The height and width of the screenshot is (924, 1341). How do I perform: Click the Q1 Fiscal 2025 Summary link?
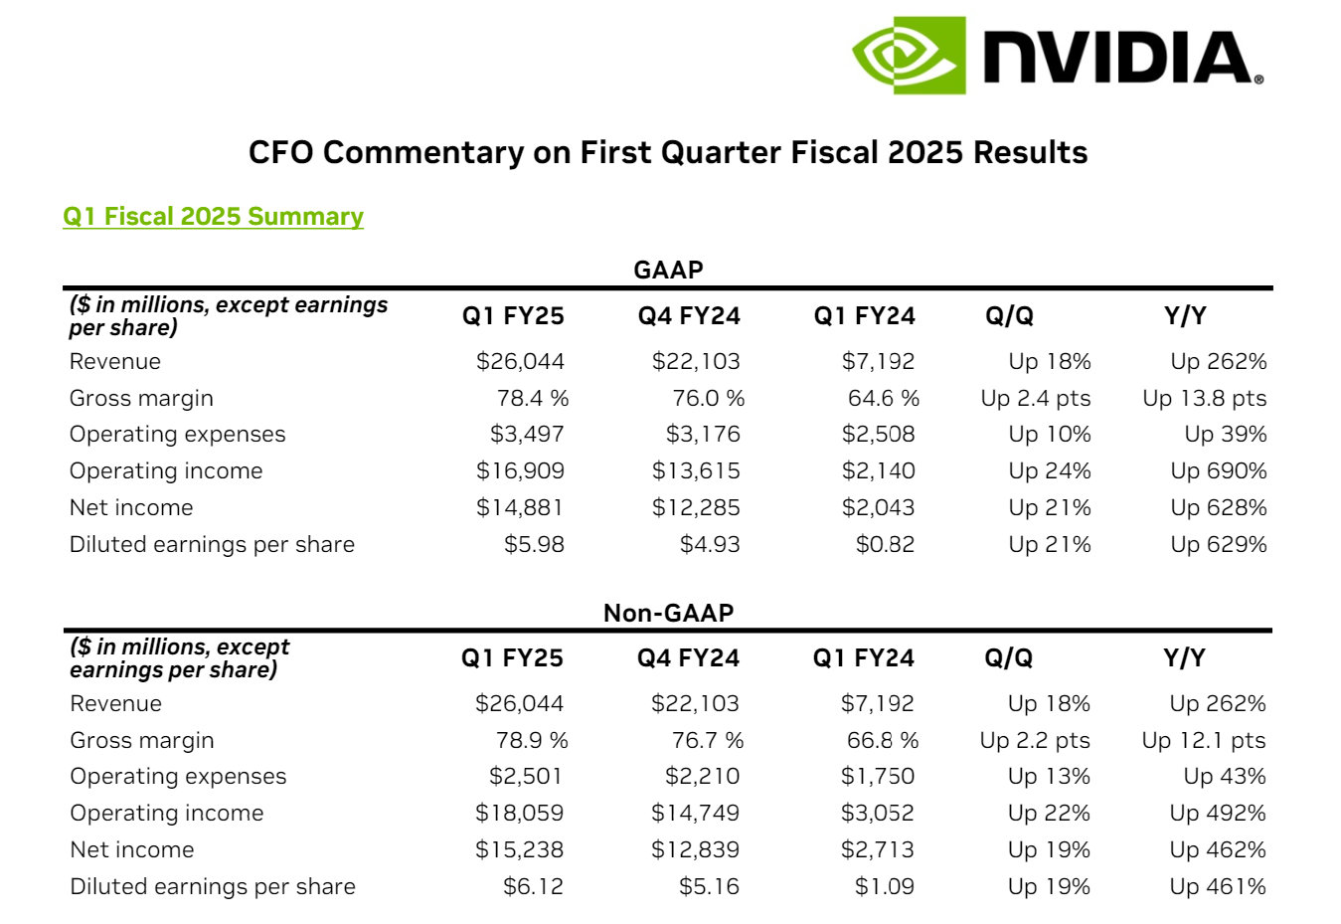(213, 217)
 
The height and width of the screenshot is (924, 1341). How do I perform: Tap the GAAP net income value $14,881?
(520, 508)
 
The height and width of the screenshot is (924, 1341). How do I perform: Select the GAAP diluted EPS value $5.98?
(534, 545)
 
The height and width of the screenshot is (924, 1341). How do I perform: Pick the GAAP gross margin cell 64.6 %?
(883, 399)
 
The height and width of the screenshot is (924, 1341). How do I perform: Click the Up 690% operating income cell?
(1218, 471)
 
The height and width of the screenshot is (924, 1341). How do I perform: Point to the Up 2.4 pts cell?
(1035, 399)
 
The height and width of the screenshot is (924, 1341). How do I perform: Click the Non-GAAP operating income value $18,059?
(519, 814)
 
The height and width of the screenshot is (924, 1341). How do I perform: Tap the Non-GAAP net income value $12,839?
(695, 850)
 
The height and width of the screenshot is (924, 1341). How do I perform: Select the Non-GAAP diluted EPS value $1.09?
(884, 887)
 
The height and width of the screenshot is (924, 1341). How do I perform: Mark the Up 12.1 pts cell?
(1204, 741)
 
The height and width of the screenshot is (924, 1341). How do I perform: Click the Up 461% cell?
(1218, 887)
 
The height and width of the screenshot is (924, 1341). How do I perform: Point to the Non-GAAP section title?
(668, 613)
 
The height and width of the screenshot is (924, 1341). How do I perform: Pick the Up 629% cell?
(1218, 545)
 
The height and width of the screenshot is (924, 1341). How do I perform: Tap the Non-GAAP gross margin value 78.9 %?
(532, 741)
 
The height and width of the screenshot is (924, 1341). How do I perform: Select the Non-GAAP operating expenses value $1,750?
(877, 777)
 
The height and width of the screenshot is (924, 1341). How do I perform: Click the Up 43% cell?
(1225, 777)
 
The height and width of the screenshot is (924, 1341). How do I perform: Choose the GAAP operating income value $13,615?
(696, 471)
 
